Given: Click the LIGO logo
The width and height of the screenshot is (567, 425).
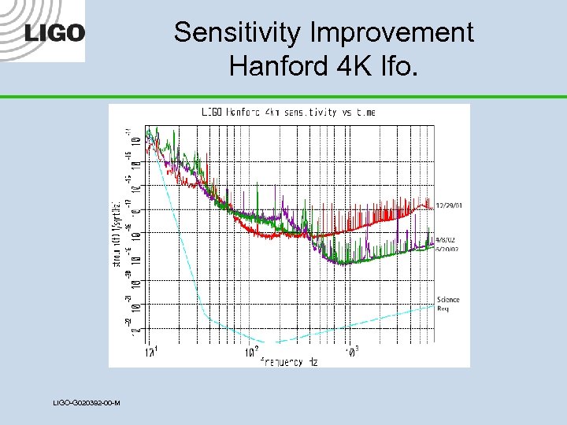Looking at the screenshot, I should coord(54,33).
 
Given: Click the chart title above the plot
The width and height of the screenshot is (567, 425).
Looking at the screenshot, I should coord(288,113).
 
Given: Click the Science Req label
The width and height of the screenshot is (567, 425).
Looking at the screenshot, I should coord(448,304).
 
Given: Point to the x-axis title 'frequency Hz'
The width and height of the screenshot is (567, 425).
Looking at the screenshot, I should coord(291,362).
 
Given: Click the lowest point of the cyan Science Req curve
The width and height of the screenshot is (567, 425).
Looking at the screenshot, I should coord(272,342).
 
